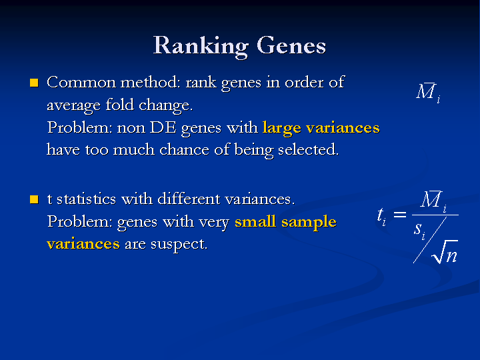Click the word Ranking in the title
(201, 46)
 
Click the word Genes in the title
(291, 45)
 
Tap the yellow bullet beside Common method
(34, 83)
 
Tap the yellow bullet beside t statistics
(34, 199)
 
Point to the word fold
(120, 105)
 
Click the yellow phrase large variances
(321, 128)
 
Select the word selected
(308, 150)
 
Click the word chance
(184, 150)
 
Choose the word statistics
(86, 199)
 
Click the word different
(189, 199)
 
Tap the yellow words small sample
(285, 221)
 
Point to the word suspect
(179, 245)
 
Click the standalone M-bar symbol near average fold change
(428, 93)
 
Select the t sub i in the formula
(381, 217)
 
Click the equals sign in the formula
(399, 214)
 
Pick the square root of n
(445, 251)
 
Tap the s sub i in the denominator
(419, 231)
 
